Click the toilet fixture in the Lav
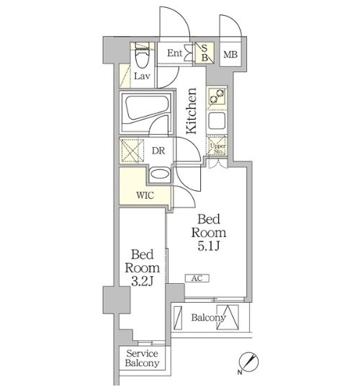(x=142, y=55)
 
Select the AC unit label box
(x=197, y=278)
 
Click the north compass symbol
(x=248, y=362)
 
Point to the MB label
(x=230, y=55)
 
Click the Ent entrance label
(x=175, y=53)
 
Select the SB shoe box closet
(x=204, y=53)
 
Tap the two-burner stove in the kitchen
(x=217, y=98)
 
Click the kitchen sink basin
(x=217, y=120)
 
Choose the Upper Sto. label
(x=218, y=148)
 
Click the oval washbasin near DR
(x=159, y=174)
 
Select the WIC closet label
(x=145, y=195)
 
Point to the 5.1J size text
(x=209, y=246)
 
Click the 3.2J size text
(x=142, y=282)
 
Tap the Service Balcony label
(x=142, y=358)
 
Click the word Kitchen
(x=192, y=111)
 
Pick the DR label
(x=158, y=151)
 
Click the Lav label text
(x=142, y=76)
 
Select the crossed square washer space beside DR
(x=132, y=151)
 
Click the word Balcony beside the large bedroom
(x=209, y=318)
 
